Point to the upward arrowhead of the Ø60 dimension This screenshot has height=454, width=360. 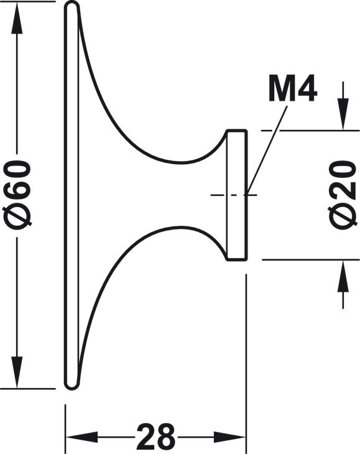pos(17,18)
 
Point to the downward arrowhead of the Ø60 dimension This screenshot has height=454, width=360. pos(17,373)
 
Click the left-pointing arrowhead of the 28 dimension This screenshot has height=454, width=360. pos(81,437)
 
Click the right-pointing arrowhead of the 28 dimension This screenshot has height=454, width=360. pos(230,437)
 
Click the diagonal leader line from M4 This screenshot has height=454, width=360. pos(267,150)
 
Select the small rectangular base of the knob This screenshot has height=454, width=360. pos(237,195)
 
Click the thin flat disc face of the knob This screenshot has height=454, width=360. pos(71,195)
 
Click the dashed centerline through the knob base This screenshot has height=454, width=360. pos(234,195)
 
